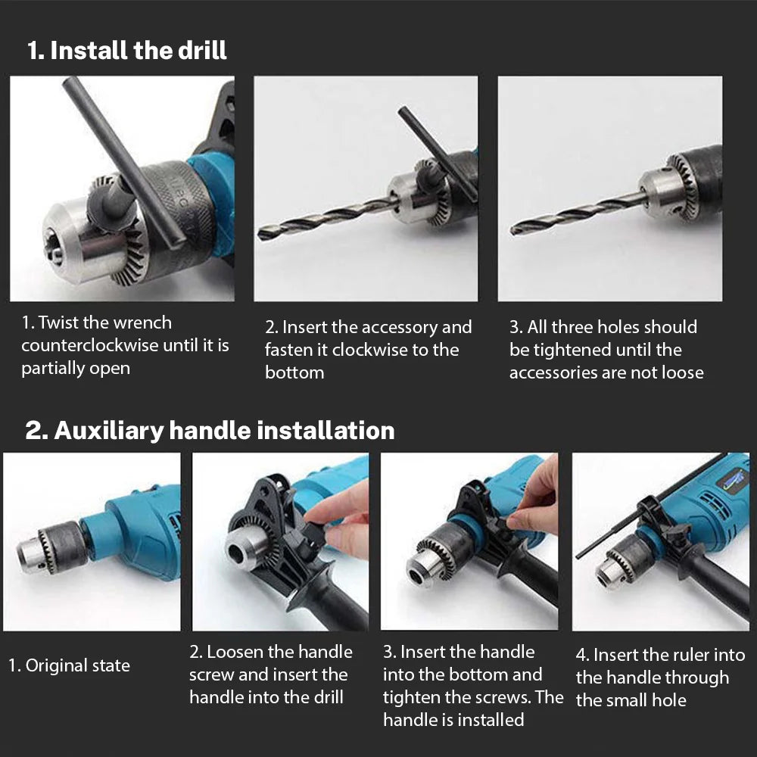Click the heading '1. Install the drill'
pyautogui.click(x=126, y=51)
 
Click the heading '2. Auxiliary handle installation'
pyautogui.click(x=210, y=430)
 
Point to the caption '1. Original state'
pyautogui.click(x=69, y=665)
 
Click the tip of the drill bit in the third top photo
pyautogui.click(x=514, y=229)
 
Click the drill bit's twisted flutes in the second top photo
pyautogui.click(x=326, y=217)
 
